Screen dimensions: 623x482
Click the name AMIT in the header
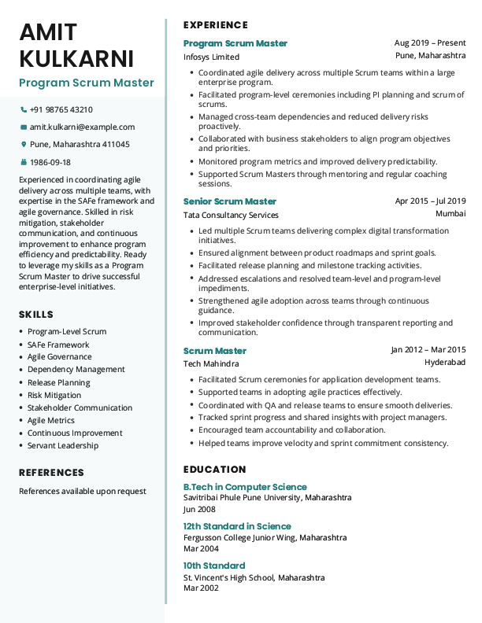tap(49, 32)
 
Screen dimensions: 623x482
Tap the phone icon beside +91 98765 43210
tap(24, 110)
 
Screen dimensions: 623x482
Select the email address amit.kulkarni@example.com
tap(82, 127)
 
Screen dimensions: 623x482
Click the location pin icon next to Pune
tap(24, 145)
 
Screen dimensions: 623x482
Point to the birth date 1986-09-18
tap(50, 163)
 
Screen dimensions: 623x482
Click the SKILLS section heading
tap(36, 315)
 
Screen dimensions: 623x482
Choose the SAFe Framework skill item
tap(58, 345)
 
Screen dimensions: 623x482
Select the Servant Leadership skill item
tap(63, 446)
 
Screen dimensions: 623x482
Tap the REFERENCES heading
tap(51, 473)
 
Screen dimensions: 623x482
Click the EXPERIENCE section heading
tap(216, 25)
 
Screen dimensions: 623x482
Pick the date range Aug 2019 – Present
tap(430, 43)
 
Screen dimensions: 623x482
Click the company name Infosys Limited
tap(211, 57)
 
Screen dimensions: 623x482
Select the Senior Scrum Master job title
tap(230, 201)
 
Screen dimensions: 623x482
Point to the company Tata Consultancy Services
tap(231, 216)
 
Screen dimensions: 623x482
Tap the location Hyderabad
tap(445, 363)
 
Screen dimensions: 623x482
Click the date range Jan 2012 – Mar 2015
tap(428, 350)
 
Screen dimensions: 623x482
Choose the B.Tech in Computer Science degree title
tap(245, 487)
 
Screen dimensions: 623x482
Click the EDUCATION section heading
tap(214, 469)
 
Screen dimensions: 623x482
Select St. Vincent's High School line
tap(254, 578)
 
